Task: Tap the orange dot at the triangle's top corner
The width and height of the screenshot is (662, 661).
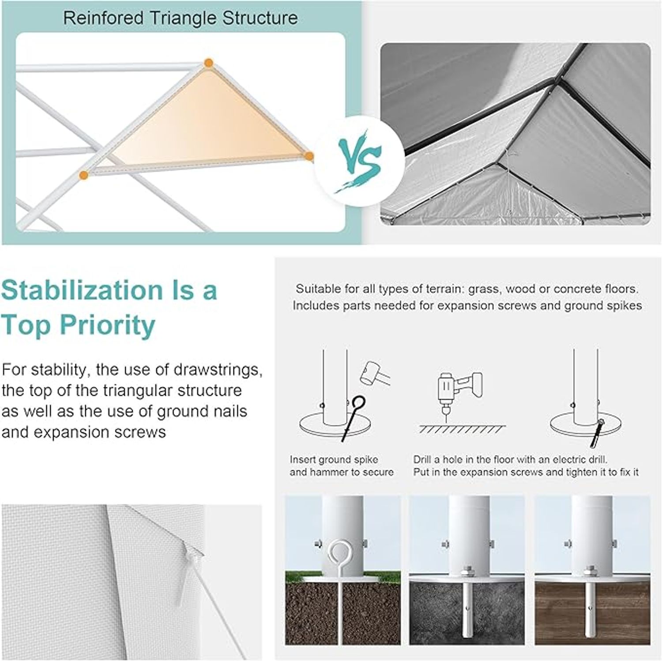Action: (x=209, y=63)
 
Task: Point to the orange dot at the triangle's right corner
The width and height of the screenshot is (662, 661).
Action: (x=309, y=156)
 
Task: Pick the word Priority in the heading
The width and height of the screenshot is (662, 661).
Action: (x=108, y=326)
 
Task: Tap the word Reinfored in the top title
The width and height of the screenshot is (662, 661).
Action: (x=103, y=18)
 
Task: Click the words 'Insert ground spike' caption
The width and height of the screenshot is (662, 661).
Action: (x=334, y=459)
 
